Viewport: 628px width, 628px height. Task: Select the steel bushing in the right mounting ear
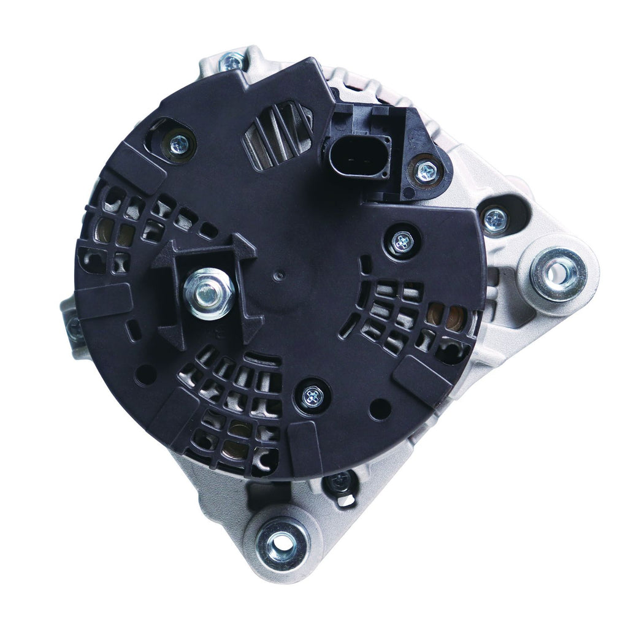557,272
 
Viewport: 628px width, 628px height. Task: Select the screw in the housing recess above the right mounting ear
494,218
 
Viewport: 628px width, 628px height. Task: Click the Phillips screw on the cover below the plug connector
402,240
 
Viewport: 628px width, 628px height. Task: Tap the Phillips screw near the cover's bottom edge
313,396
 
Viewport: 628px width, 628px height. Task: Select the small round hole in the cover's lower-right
380,407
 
